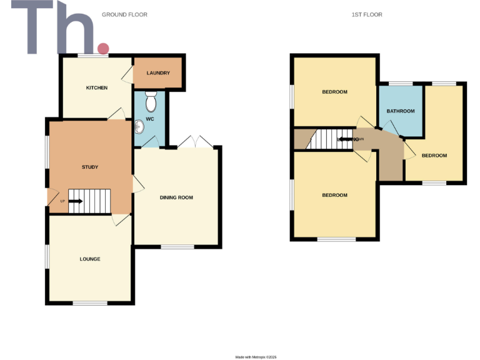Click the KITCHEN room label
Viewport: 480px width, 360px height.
coord(97,87)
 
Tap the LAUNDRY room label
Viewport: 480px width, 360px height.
coord(158,73)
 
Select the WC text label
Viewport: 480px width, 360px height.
coord(150,119)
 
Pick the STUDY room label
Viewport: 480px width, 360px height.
coord(90,167)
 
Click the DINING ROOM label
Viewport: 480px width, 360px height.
coord(176,197)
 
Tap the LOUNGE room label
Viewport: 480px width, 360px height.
coord(90,259)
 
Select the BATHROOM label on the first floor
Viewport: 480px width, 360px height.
coord(401,111)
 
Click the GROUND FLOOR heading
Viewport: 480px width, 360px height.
coord(124,14)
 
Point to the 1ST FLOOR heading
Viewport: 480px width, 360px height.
coord(367,14)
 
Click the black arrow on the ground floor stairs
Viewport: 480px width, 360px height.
coord(76,201)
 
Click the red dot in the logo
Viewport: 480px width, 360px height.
coord(103,48)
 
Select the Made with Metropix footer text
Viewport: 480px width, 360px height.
coord(256,357)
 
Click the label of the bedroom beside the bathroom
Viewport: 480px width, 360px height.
coord(434,155)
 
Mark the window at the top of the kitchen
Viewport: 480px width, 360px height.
coord(93,56)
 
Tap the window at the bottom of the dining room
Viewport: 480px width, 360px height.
coord(177,247)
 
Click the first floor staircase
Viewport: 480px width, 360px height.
coord(325,139)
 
